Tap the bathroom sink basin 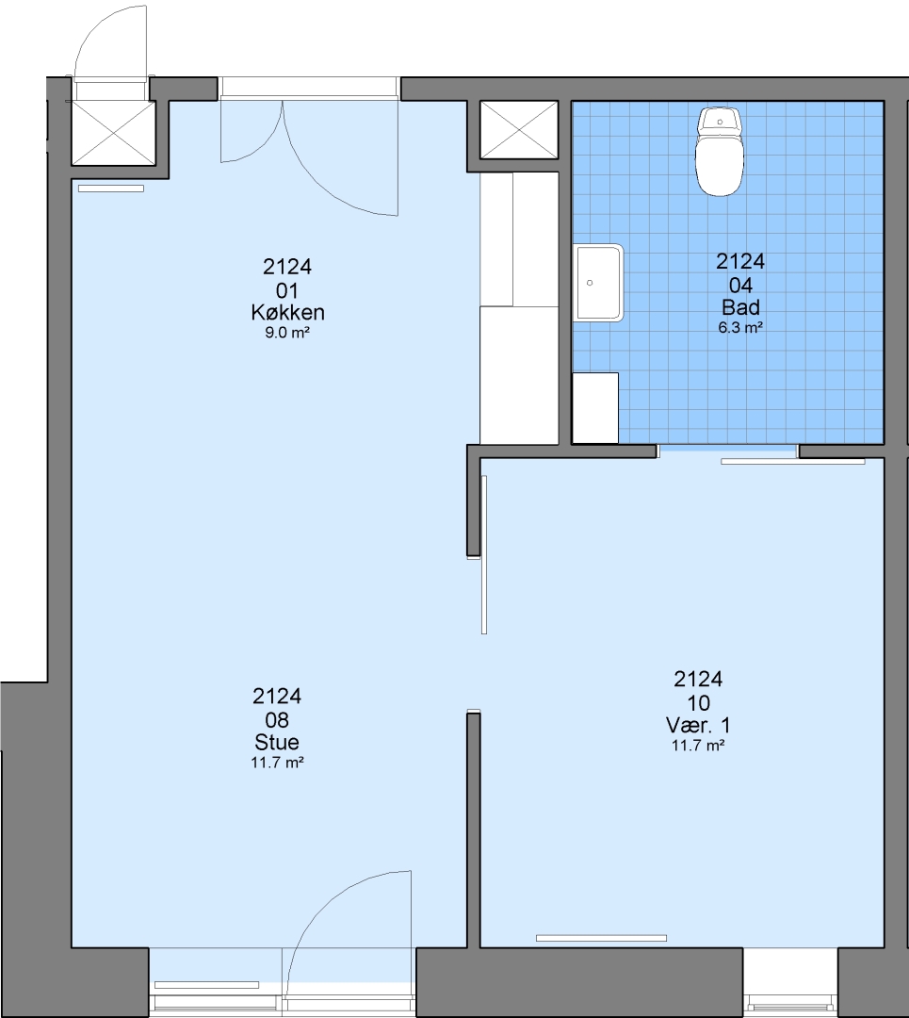click(598, 283)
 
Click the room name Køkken click(287, 312)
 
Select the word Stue click(277, 742)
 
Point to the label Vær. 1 click(698, 725)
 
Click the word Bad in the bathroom click(740, 307)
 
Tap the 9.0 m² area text click(286, 333)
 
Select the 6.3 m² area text click(740, 328)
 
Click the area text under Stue click(277, 763)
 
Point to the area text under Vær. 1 click(698, 746)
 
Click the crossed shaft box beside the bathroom click(518, 129)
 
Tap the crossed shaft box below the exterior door click(114, 133)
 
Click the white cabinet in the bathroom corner click(595, 408)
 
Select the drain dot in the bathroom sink click(590, 283)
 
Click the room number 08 click(277, 719)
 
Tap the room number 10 click(698, 702)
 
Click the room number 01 click(286, 290)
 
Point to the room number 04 click(740, 285)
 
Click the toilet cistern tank click(719, 121)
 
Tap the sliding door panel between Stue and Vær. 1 click(484, 554)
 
